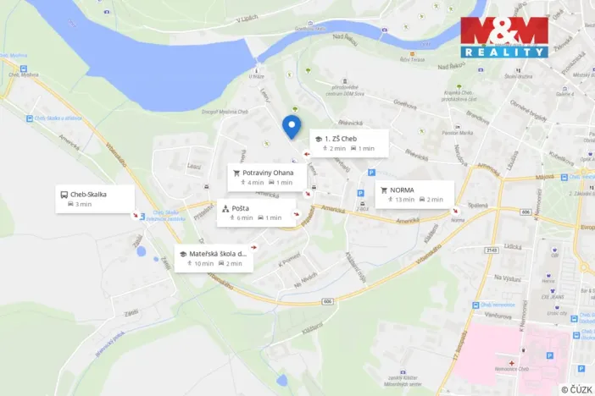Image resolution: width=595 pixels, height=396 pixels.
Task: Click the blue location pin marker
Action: [x=292, y=127]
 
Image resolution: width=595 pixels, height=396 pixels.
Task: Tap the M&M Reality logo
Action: [x=503, y=36]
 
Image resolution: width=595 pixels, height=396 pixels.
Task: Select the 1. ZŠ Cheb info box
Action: [x=348, y=143]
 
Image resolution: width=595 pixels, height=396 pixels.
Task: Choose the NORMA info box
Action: [x=414, y=194]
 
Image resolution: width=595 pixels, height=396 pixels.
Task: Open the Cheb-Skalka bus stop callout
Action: [x=95, y=198]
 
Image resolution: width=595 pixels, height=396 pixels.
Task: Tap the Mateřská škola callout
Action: [x=215, y=257]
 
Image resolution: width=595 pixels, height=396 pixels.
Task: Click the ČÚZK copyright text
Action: [x=576, y=389]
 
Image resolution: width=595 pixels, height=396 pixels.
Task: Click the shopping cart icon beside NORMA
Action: [x=384, y=190]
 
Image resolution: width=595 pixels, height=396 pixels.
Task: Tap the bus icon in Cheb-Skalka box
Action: [x=64, y=193]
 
